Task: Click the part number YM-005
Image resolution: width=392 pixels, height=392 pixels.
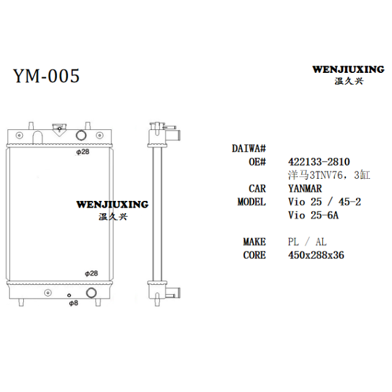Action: pos(47,76)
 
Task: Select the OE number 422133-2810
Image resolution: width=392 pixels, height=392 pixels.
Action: pos(318,162)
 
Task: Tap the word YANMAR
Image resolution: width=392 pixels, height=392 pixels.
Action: pos(305,189)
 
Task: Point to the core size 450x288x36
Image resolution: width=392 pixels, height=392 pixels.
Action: pos(316,255)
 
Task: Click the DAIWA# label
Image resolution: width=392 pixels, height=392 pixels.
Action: pos(249,148)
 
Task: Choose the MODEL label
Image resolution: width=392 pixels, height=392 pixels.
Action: pos(252,202)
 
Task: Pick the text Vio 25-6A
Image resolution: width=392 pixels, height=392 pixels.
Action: pos(313,215)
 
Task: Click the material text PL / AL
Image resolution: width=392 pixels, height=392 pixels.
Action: pos(307,242)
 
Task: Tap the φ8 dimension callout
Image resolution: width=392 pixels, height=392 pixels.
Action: pos(73,303)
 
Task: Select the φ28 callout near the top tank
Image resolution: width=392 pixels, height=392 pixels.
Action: pos(83,152)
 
